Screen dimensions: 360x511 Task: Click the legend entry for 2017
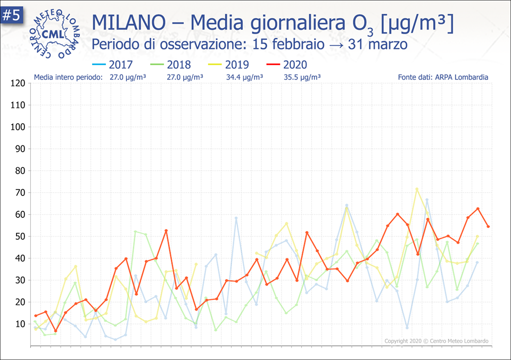113,64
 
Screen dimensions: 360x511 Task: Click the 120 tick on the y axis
18,83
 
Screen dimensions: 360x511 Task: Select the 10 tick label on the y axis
20,324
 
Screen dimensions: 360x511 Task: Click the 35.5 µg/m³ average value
302,77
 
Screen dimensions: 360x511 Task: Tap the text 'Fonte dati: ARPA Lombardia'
443,77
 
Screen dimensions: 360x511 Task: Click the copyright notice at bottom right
436,341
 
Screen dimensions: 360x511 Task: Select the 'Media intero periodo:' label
68,77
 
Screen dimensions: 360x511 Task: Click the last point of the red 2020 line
488,226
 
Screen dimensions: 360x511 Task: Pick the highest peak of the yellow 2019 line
417,189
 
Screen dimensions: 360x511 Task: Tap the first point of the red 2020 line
36,316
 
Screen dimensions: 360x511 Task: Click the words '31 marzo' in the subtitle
377,44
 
